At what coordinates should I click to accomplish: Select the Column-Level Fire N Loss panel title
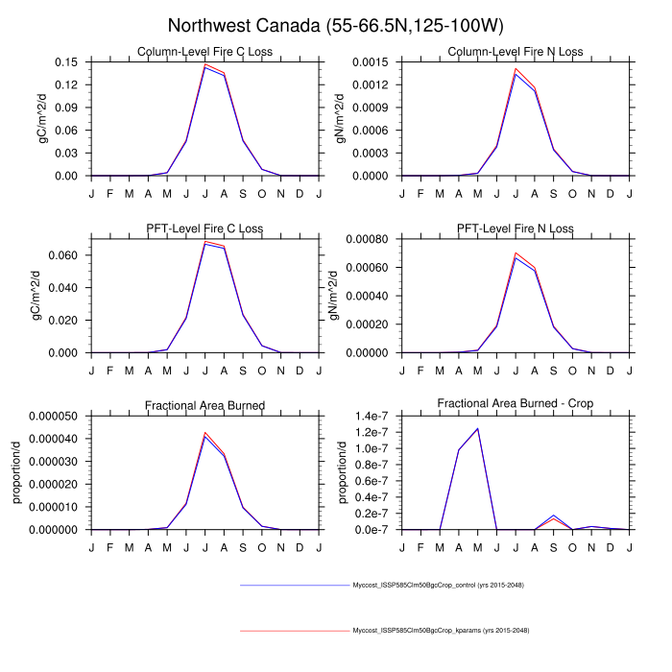pyautogui.click(x=515, y=52)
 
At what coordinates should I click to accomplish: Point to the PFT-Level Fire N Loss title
pyautogui.click(x=515, y=228)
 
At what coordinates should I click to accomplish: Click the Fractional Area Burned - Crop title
pyautogui.click(x=515, y=405)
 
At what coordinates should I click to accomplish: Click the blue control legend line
pyautogui.click(x=294, y=585)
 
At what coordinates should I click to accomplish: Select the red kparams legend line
pyautogui.click(x=294, y=631)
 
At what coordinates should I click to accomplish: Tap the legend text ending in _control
pyautogui.click(x=437, y=585)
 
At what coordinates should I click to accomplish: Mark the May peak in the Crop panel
pyautogui.click(x=477, y=428)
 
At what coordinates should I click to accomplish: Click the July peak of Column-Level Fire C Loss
pyautogui.click(x=204, y=65)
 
